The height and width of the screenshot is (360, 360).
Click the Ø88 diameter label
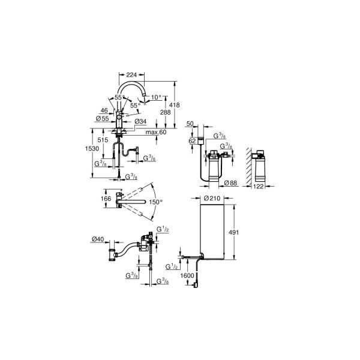pyautogui.click(x=230, y=183)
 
